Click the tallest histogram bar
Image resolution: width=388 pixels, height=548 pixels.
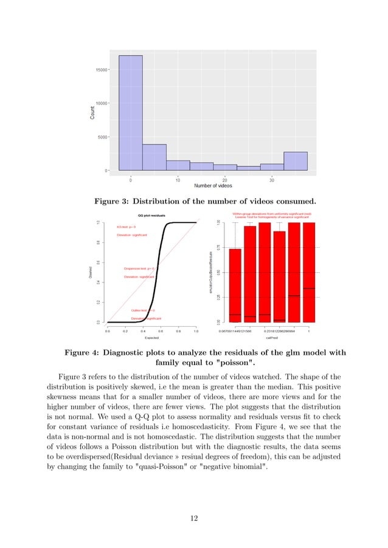pyautogui.click(x=131, y=112)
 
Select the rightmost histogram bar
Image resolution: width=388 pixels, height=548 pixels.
pyautogui.click(x=296, y=161)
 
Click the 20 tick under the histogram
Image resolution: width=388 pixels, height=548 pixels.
pyautogui.click(x=225, y=179)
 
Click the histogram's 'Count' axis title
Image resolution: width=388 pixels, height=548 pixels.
pyautogui.click(x=92, y=112)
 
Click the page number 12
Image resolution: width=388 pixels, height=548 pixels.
pyautogui.click(x=193, y=518)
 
